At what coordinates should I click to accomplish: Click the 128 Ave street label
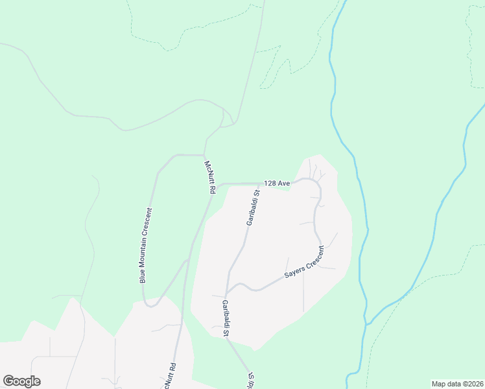point(277,183)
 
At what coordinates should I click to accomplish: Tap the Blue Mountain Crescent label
point(145,245)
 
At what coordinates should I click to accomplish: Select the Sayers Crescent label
point(304,263)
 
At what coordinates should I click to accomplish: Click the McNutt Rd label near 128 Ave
point(209,178)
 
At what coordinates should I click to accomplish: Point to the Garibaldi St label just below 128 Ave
point(253,207)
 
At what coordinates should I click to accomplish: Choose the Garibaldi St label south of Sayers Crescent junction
point(226,318)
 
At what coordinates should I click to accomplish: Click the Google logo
point(21,381)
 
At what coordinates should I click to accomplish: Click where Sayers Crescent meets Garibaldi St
point(226,290)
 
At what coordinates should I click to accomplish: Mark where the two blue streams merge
point(367,323)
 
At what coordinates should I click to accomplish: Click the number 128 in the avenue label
point(270,183)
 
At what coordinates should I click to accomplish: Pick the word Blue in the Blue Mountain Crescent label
point(142,276)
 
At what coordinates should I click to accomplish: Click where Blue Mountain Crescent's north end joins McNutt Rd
point(204,156)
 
